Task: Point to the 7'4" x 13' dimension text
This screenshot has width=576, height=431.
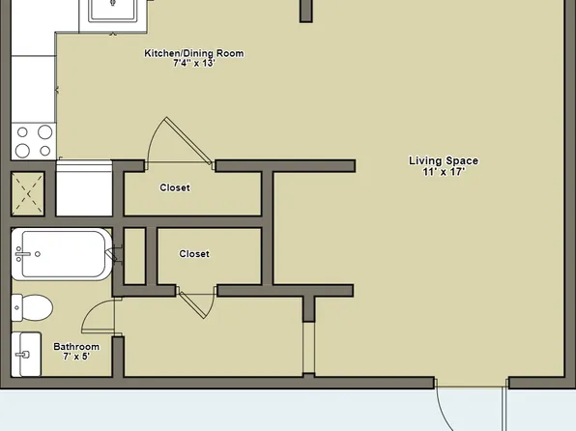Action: tap(193, 65)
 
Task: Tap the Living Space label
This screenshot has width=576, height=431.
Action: tap(444, 161)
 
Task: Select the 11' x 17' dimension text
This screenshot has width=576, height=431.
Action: tap(444, 172)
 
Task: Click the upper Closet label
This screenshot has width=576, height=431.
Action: tap(175, 187)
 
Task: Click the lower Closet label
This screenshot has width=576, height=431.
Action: tap(194, 254)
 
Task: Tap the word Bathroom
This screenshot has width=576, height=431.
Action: tap(76, 346)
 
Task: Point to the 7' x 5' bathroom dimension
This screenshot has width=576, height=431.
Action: tap(76, 357)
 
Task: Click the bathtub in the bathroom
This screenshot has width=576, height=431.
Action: tap(61, 255)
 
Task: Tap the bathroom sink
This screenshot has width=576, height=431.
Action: tap(27, 356)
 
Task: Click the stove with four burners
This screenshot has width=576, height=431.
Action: tap(33, 142)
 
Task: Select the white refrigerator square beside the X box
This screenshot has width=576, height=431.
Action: tap(85, 189)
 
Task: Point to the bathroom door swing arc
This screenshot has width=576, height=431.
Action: tap(97, 314)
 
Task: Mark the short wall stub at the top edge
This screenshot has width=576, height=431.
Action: tap(305, 11)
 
